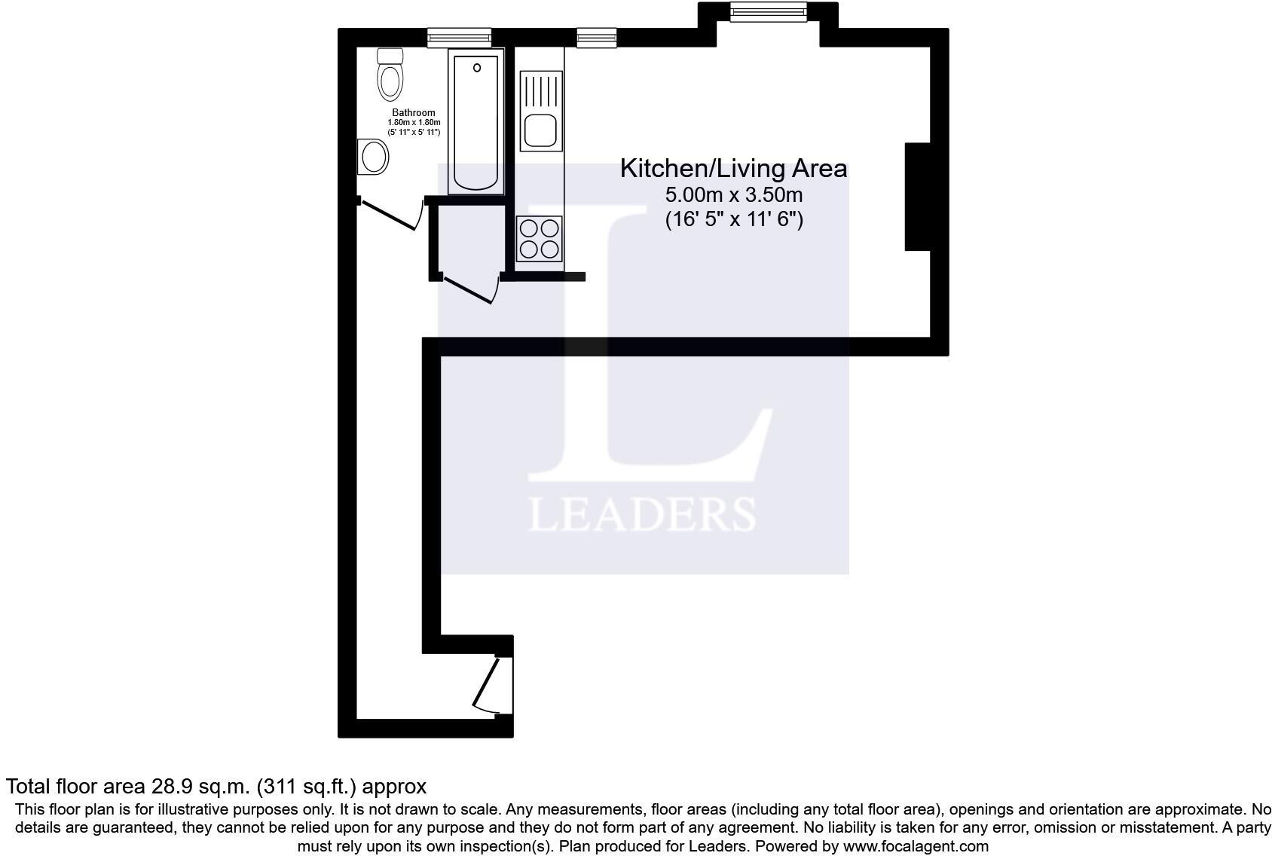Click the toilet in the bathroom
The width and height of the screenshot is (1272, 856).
(390, 75)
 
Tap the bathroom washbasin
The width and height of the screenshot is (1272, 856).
(373, 156)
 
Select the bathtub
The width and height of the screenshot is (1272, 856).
(475, 121)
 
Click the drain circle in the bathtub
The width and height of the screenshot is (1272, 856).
(477, 68)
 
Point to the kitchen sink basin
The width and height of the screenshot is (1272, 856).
(540, 130)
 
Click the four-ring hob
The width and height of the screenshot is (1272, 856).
(539, 239)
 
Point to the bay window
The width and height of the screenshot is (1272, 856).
(769, 12)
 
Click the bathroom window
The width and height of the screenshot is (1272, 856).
(459, 38)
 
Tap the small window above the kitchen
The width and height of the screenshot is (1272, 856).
(597, 38)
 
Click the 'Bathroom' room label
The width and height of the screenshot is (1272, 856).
(414, 112)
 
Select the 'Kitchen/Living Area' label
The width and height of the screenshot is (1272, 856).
(733, 169)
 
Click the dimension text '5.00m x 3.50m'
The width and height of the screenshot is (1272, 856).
(734, 195)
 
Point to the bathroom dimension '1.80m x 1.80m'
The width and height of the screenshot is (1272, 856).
(414, 123)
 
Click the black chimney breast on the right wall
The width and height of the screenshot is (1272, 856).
(917, 197)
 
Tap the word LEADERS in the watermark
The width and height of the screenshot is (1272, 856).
(642, 515)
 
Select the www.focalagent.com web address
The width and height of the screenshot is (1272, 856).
(916, 845)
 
